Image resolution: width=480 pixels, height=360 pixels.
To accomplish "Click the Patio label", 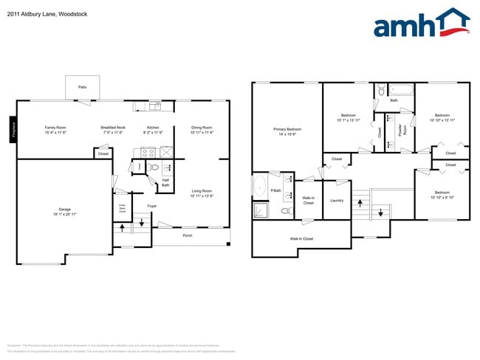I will (x=82, y=87).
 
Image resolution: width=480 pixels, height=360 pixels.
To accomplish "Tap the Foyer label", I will (x=151, y=206).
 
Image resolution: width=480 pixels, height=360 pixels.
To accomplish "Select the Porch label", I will (x=188, y=236).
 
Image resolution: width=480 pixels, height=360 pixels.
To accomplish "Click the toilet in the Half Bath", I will (x=154, y=169).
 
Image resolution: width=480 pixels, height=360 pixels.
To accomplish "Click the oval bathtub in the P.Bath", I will (x=260, y=187).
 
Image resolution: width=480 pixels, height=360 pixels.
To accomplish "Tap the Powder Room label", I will (x=400, y=130).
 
